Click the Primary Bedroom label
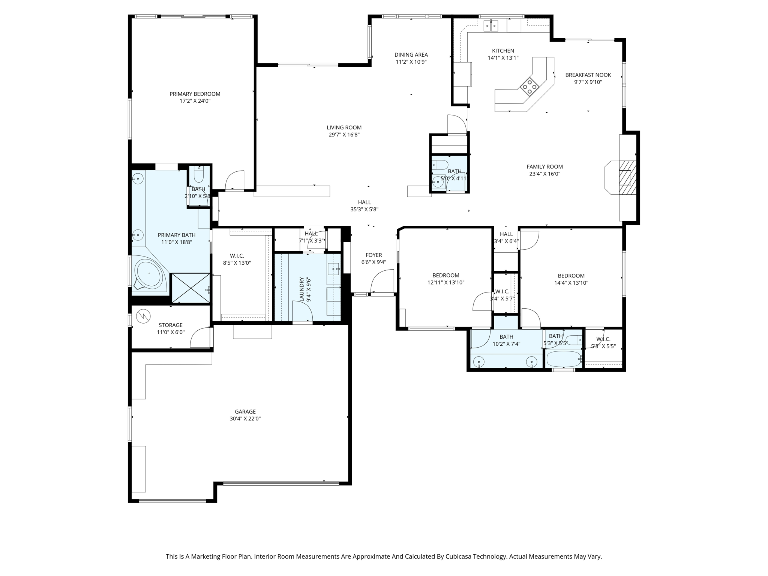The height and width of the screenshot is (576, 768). pyautogui.click(x=195, y=94)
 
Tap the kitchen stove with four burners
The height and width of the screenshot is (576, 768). pyautogui.click(x=529, y=86)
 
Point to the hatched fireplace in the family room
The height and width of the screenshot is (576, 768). pyautogui.click(x=627, y=178)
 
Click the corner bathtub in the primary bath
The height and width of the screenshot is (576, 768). pyautogui.click(x=148, y=273)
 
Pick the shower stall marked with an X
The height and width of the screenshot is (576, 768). pyautogui.click(x=190, y=288)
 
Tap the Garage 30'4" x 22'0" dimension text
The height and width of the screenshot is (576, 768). pyautogui.click(x=245, y=418)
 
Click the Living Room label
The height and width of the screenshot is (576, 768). pyautogui.click(x=344, y=127)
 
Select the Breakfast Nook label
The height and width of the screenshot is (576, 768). pyautogui.click(x=588, y=75)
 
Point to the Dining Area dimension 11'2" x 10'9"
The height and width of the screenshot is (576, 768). pyautogui.click(x=411, y=62)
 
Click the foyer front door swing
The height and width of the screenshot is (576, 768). pyautogui.click(x=382, y=281)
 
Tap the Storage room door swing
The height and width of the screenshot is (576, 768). pyautogui.click(x=200, y=337)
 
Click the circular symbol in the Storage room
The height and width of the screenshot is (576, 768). pyautogui.click(x=143, y=316)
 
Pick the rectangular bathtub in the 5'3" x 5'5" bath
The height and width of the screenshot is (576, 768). pyautogui.click(x=564, y=359)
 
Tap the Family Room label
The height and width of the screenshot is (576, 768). pyautogui.click(x=544, y=167)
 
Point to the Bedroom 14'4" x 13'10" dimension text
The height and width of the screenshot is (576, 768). pyautogui.click(x=571, y=283)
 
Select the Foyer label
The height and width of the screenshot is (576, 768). pyautogui.click(x=374, y=255)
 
